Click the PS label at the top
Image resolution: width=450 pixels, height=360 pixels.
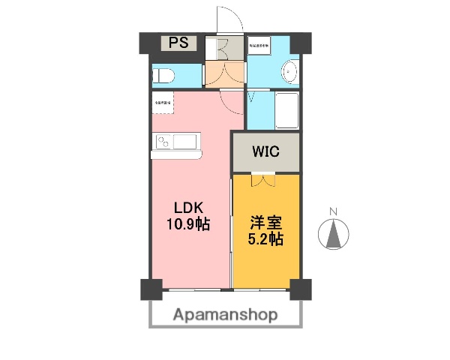[178, 43]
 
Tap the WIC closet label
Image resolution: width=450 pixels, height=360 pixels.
[265, 151]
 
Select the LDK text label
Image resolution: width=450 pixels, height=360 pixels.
[190, 208]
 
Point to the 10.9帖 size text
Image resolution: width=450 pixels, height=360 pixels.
[189, 223]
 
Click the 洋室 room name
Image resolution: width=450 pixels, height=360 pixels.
[265, 223]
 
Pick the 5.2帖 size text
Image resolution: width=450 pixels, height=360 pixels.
[265, 240]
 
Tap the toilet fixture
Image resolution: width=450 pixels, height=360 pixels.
[164, 75]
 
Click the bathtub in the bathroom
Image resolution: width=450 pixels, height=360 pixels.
[286, 109]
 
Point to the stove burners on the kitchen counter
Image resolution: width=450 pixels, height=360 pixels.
[164, 141]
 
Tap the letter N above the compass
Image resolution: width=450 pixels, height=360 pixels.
[335, 211]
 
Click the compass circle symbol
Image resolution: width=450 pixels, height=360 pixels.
[334, 235]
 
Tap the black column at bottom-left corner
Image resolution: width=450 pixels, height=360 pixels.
[150, 289]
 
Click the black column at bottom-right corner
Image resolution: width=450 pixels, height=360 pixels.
[300, 289]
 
